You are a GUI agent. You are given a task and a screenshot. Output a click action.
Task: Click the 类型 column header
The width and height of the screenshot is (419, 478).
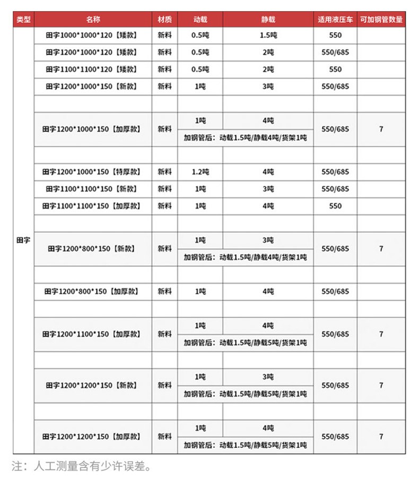[24, 20]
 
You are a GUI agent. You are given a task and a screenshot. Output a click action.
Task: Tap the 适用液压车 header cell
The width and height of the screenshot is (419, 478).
[335, 20]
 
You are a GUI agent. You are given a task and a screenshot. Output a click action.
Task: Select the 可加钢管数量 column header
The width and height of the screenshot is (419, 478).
[381, 20]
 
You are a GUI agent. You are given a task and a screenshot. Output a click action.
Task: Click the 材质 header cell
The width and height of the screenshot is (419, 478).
[164, 20]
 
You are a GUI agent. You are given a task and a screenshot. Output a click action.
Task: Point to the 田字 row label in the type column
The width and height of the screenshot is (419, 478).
[24, 240]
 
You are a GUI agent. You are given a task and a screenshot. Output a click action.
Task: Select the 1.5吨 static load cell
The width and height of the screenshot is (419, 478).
[268, 36]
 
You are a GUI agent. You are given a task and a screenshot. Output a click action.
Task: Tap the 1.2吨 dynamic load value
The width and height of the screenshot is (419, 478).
[200, 172]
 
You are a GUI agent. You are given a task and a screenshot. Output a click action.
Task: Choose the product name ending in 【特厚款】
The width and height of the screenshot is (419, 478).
[93, 172]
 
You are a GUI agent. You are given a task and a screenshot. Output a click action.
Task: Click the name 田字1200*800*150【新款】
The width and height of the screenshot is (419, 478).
[93, 248]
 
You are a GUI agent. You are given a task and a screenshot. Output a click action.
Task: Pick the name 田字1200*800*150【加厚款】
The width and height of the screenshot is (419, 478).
[93, 291]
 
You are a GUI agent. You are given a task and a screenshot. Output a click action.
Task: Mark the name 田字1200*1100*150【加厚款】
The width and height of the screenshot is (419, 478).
[93, 334]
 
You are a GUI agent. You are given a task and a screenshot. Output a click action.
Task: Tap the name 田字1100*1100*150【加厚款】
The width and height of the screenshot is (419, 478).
[93, 206]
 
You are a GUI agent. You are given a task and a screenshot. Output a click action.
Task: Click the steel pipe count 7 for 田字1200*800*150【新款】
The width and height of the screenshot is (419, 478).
[381, 248]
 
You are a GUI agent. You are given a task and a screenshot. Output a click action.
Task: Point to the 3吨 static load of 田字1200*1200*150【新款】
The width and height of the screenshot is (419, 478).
[268, 377]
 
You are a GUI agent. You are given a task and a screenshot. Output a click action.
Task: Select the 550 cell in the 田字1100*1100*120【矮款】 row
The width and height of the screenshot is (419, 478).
[335, 69]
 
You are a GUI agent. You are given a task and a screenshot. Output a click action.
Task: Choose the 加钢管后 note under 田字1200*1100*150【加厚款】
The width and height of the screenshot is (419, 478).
[245, 343]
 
